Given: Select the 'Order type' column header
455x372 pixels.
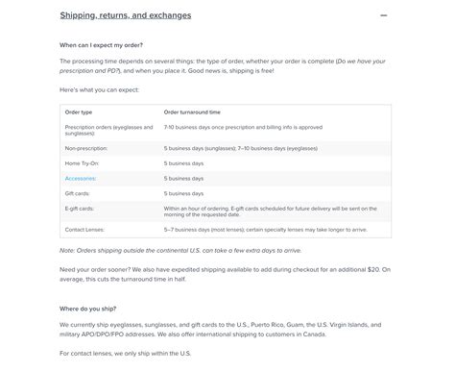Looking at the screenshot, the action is pyautogui.click(x=79, y=112).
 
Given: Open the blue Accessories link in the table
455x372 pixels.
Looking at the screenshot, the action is pyautogui.click(x=81, y=179).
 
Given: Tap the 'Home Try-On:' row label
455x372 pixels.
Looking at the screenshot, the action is pyautogui.click(x=84, y=164).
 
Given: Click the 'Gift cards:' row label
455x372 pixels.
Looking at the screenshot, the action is pyautogui.click(x=80, y=193).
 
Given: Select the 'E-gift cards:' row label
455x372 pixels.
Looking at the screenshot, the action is pyautogui.click(x=82, y=207).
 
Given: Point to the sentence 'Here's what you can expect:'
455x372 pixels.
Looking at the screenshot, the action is pyautogui.click(x=98, y=88).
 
